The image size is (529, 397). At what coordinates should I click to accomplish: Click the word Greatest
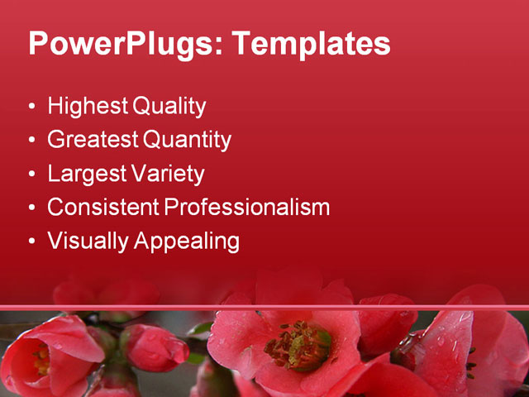tap(93, 141)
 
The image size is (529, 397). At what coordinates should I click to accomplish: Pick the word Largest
tap(86, 174)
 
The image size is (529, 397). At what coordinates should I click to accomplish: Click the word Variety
tap(168, 174)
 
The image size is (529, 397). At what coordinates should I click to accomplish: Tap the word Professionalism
tap(247, 207)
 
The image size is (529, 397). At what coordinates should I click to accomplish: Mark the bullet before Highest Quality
tap(31, 108)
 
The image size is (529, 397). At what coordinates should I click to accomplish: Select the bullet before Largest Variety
tap(31, 175)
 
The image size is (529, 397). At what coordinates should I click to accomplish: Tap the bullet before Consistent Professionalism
tap(31, 208)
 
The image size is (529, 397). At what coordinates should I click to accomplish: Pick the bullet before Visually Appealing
tap(31, 242)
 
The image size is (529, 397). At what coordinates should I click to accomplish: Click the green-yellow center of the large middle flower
tap(299, 345)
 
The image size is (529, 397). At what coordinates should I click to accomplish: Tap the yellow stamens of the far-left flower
tap(41, 360)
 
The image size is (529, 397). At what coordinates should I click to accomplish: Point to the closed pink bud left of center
tap(155, 347)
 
